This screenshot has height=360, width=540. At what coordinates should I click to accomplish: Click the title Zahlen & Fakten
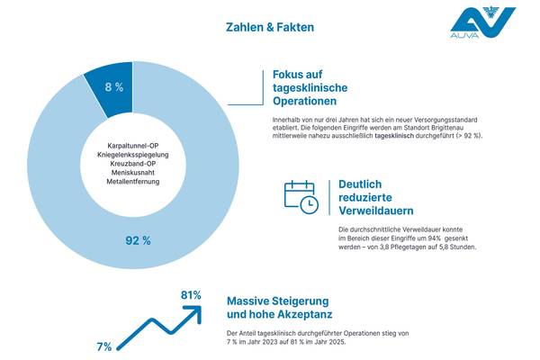click(270, 28)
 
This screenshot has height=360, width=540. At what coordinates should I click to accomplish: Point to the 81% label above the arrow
click(190, 295)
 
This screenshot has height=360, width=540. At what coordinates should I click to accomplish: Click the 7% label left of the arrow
click(104, 346)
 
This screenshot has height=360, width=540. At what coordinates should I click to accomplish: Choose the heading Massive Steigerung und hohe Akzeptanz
click(278, 307)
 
